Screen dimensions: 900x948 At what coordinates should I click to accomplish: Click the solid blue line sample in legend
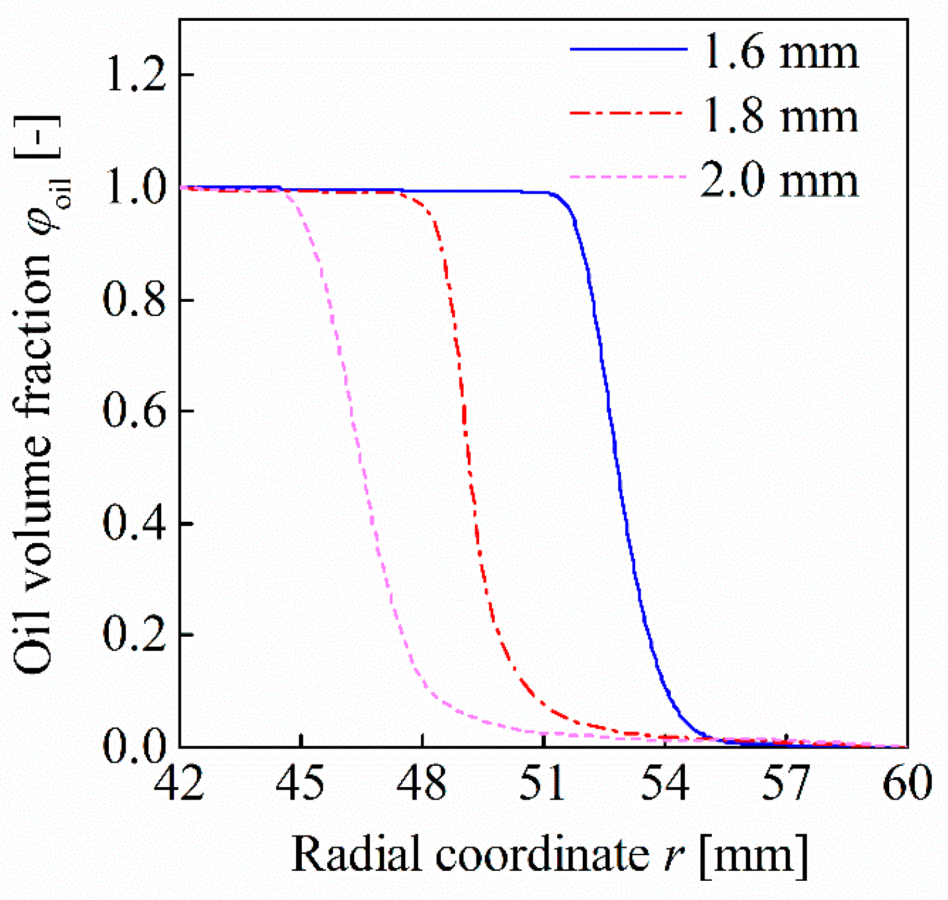point(629,49)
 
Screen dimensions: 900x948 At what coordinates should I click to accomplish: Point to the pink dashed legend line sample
point(629,177)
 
